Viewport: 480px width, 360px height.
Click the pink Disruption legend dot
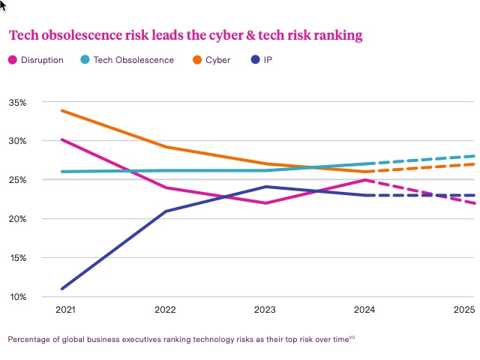pyautogui.click(x=13, y=60)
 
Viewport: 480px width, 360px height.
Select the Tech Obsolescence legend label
pyautogui.click(x=133, y=60)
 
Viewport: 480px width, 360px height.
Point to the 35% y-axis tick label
pyautogui.click(x=17, y=102)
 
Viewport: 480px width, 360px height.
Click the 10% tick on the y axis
pyautogui.click(x=17, y=297)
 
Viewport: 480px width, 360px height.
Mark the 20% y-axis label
pyautogui.click(x=17, y=219)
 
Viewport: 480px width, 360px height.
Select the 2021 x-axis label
pyautogui.click(x=66, y=310)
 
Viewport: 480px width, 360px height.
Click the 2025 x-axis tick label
pyautogui.click(x=464, y=310)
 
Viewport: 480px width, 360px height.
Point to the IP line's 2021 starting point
pyautogui.click(x=62, y=289)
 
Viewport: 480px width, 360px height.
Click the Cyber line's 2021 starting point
pyautogui.click(x=62, y=111)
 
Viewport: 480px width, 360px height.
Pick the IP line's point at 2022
pyautogui.click(x=166, y=211)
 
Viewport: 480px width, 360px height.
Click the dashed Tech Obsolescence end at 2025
pyautogui.click(x=474, y=156)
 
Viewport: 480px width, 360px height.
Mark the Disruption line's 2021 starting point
pyautogui.click(x=62, y=139)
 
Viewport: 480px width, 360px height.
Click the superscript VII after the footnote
pyautogui.click(x=352, y=337)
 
